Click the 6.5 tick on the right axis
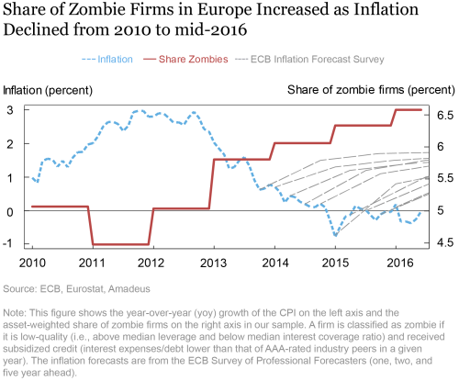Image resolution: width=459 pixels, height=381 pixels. tap(444, 115)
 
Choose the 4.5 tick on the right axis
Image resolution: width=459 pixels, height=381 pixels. tap(444, 243)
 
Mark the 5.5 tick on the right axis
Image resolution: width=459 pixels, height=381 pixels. tap(444, 179)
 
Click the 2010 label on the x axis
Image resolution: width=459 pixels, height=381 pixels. tap(32, 261)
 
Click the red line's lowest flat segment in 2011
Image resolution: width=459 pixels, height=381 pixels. tap(122, 244)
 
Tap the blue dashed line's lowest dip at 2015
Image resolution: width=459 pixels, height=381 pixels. tap(335, 235)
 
